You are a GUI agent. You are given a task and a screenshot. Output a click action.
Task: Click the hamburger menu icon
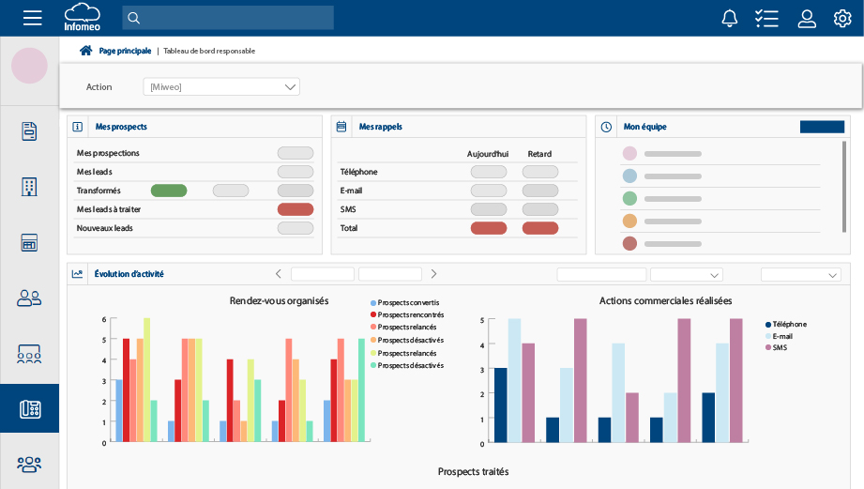tap(33, 18)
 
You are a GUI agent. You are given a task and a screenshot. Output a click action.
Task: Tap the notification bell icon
tap(729, 18)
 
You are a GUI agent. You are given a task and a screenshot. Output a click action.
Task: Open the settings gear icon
tap(842, 18)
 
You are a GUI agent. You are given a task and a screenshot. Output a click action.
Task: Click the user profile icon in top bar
tap(807, 18)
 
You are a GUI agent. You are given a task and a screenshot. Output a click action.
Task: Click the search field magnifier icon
tap(133, 18)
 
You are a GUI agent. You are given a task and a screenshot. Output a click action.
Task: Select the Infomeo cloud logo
tap(82, 17)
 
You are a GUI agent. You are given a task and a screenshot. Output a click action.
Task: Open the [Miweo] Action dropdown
tap(221, 87)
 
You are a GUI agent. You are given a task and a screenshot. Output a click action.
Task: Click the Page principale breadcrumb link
tap(124, 51)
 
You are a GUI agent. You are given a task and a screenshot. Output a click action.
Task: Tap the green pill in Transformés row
tap(169, 191)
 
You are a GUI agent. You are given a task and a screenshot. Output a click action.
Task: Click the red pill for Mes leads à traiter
tap(296, 209)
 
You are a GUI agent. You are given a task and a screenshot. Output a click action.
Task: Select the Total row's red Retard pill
tap(540, 228)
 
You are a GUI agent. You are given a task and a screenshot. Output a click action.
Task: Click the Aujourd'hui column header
tap(488, 153)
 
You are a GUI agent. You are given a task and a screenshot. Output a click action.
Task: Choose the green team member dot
tap(629, 198)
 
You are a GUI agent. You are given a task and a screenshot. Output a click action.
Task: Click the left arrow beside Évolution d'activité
tap(278, 274)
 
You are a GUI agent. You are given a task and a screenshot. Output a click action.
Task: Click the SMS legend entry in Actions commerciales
tap(779, 347)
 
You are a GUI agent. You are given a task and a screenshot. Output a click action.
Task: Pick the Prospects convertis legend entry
tap(407, 303)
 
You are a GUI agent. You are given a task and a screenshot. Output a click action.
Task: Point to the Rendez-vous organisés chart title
tap(279, 300)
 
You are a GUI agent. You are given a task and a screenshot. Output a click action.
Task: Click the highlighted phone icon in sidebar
tap(29, 409)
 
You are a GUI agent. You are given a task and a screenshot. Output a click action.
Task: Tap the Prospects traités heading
tap(473, 471)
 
